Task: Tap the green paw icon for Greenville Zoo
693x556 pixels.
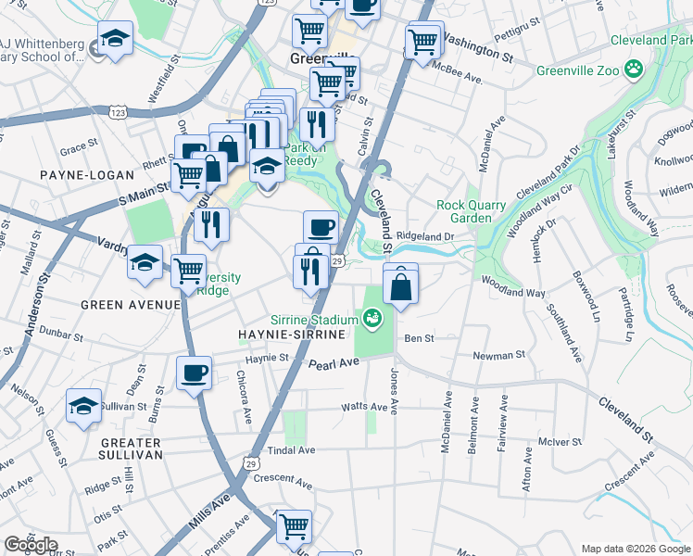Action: (x=634, y=68)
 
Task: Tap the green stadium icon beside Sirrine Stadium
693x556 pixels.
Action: (x=372, y=319)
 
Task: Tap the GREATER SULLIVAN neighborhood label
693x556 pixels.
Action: (x=131, y=449)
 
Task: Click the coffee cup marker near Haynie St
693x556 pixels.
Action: (x=194, y=373)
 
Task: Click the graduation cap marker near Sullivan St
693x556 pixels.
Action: (x=83, y=406)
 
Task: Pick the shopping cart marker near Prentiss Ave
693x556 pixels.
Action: (x=294, y=526)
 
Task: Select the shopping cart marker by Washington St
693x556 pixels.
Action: (x=422, y=40)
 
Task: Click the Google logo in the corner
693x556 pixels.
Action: (x=31, y=545)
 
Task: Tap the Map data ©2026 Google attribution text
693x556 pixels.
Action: (x=635, y=549)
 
